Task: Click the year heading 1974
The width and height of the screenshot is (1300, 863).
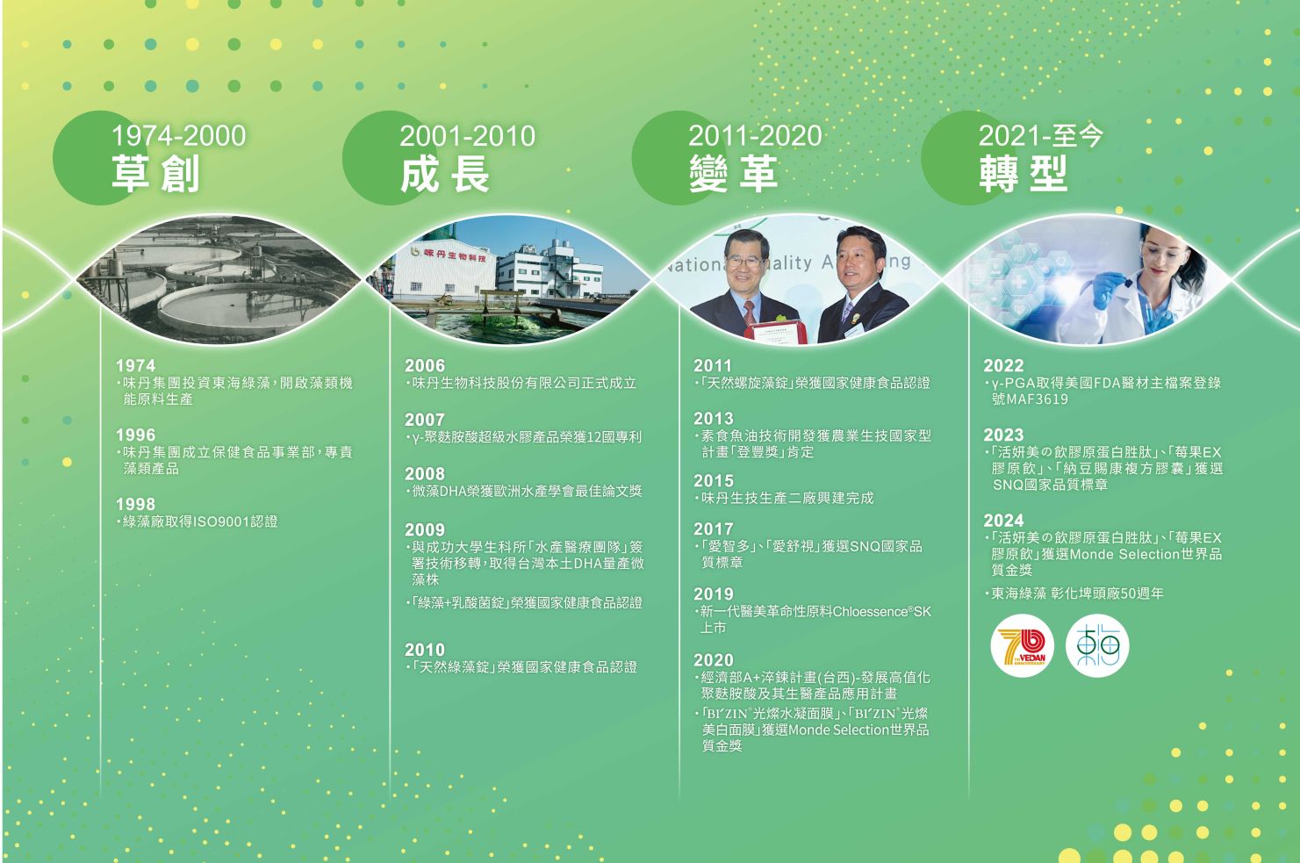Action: (135, 365)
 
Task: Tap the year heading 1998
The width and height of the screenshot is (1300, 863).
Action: (135, 504)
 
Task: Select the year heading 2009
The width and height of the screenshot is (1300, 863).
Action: (424, 530)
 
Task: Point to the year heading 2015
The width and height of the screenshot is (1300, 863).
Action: (714, 481)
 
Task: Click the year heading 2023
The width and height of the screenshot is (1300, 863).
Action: (1003, 435)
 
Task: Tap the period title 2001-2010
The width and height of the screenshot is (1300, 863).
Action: (467, 136)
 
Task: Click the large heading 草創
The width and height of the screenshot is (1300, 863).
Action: (155, 174)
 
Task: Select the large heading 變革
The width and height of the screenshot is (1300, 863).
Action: (733, 174)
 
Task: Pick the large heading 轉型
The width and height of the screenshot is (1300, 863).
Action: (1023, 174)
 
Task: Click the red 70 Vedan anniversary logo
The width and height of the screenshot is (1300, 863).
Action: (1022, 646)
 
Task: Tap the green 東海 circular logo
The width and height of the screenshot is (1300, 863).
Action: (1097, 646)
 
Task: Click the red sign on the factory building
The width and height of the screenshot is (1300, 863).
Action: (455, 255)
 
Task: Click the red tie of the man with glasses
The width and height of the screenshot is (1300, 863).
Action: (750, 313)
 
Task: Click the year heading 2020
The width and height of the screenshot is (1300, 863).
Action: (714, 660)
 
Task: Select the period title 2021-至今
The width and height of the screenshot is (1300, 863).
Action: (1040, 136)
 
